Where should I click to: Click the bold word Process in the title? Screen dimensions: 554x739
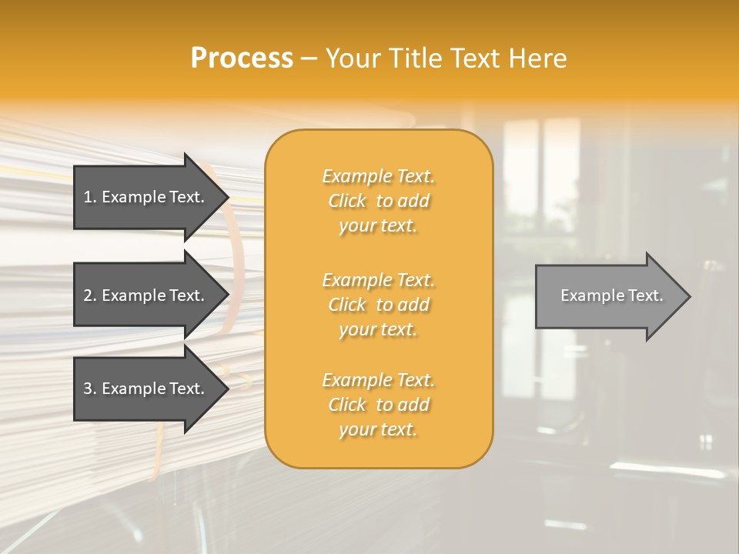pos(242,58)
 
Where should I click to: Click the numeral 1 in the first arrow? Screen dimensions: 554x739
pos(88,197)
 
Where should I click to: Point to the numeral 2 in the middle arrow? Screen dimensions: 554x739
pos(88,295)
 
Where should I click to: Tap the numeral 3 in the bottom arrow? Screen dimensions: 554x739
pos(88,389)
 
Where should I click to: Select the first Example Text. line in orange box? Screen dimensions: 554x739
pos(378,176)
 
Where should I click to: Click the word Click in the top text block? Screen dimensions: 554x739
pos(347,201)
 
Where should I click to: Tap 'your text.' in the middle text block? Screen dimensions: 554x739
pos(378,329)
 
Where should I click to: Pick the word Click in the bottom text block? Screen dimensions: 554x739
pos(347,405)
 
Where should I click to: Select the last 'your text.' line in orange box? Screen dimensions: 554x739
pos(378,429)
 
